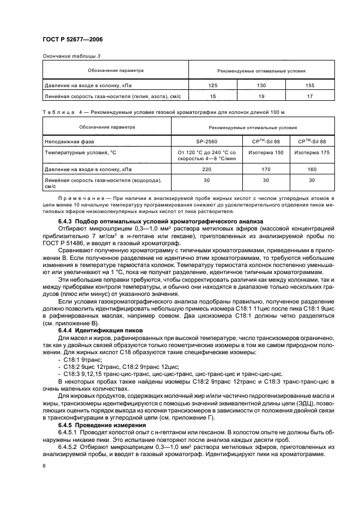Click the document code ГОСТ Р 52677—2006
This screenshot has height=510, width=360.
72,40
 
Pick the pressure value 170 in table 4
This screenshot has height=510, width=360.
265,170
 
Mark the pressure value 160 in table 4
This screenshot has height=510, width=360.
312,170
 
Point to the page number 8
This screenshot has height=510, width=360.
45,466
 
